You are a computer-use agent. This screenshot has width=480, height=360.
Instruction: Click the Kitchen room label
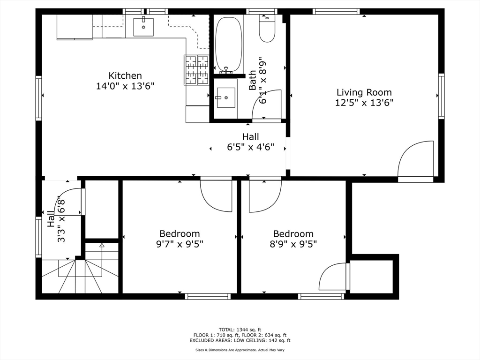coord(125,75)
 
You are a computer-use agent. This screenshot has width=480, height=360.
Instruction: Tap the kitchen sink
coord(143,27)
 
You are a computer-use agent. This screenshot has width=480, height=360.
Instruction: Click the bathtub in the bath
coord(228,44)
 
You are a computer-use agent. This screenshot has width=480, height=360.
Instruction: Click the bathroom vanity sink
coord(226,97)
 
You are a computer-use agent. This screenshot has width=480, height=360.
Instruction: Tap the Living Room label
coord(364,92)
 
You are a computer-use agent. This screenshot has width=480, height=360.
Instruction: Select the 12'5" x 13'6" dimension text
coord(364,103)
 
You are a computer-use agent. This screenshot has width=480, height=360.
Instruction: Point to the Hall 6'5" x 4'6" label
coord(250,142)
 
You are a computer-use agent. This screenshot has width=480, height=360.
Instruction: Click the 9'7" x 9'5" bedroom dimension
coord(180,244)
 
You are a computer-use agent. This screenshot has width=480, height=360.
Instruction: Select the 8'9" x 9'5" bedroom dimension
coord(293,244)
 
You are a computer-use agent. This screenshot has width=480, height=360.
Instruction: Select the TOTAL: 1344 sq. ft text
coord(240,329)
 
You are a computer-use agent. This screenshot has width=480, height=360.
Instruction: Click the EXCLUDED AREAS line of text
coord(240,341)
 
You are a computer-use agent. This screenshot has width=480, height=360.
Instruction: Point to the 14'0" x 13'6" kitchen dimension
coord(125,86)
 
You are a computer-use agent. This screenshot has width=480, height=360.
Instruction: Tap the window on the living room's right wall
coord(441,96)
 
